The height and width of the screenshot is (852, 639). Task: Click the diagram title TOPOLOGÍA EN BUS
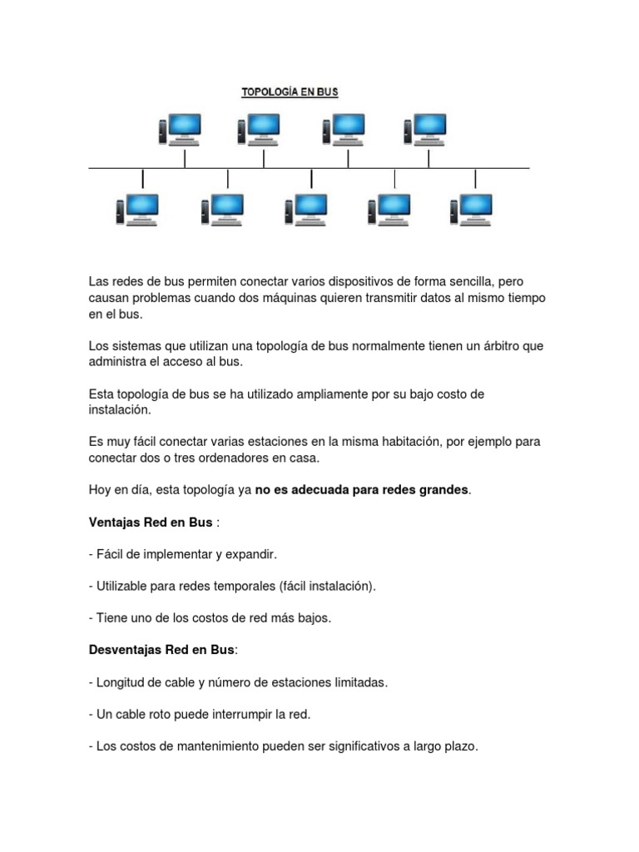click(290, 93)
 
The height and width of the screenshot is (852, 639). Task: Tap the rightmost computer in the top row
click(425, 129)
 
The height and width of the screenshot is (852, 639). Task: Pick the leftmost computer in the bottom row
click(138, 210)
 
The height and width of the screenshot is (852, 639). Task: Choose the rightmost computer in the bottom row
click(471, 210)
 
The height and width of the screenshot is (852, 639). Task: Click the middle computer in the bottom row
click(305, 210)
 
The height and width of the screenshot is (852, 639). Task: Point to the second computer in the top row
click(259, 129)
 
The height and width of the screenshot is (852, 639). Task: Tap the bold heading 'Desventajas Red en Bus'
click(161, 650)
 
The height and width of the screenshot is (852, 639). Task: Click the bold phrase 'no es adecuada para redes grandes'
click(362, 490)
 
